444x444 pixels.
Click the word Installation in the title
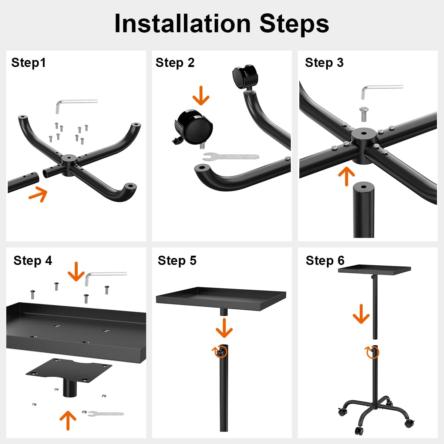click(182, 24)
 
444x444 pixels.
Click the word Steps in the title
click(294, 24)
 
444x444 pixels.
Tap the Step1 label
click(28, 63)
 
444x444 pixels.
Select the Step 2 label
click(175, 63)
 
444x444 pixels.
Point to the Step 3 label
click(324, 63)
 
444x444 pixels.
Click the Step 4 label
click(33, 260)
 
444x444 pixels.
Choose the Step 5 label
click(177, 260)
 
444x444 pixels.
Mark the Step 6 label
click(325, 260)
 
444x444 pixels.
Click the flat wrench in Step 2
click(231, 157)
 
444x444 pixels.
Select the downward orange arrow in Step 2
click(201, 95)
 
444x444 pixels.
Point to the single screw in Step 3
click(363, 114)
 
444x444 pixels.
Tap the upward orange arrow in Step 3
click(347, 176)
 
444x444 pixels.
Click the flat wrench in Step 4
click(106, 414)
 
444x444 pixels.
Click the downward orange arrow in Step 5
click(224, 328)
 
